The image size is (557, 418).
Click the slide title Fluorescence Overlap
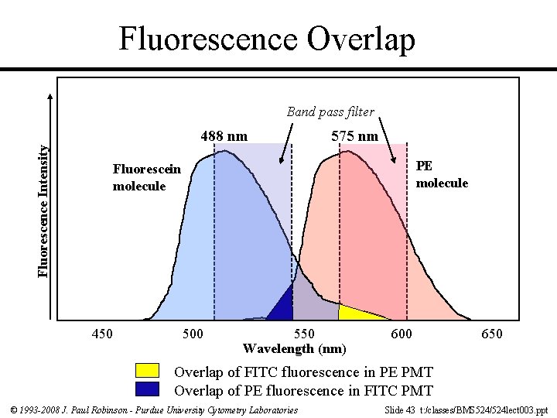[267, 38]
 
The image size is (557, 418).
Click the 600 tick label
[401, 334]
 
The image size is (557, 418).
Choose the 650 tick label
[491, 334]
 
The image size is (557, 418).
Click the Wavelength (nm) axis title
[294, 348]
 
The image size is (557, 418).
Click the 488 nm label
[224, 136]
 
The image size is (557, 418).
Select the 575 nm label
[354, 136]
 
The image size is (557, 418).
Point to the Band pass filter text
[330, 111]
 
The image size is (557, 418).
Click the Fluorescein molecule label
[146, 177]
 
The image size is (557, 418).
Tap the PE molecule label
[442, 174]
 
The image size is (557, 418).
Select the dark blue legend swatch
[147, 389]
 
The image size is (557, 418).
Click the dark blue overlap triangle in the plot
[284, 307]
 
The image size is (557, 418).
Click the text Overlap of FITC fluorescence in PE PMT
[303, 372]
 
